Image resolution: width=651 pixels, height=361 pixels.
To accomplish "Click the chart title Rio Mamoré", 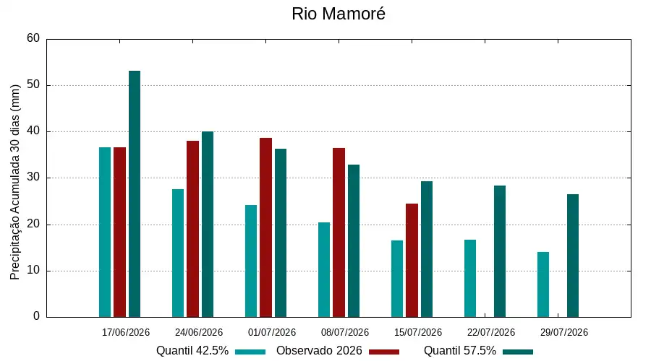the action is click(339, 14).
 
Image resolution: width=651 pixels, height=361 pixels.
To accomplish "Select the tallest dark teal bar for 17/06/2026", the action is click(135, 194).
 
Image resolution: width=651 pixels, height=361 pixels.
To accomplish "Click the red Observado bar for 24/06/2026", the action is click(192, 229).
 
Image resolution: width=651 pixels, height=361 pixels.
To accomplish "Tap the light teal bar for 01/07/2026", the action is click(251, 261).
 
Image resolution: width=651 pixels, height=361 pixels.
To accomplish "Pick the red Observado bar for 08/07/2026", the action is click(339, 232).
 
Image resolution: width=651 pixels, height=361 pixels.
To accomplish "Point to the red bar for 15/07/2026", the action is click(412, 261).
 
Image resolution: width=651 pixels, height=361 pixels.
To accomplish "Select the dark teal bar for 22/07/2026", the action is click(500, 251).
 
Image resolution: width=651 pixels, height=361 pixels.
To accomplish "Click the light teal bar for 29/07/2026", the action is click(543, 284).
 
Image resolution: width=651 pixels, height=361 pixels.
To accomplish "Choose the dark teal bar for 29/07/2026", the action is click(573, 256).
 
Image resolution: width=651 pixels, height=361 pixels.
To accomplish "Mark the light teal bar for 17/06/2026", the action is click(105, 232).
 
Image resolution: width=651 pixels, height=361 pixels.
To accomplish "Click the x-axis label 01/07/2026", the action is click(272, 332).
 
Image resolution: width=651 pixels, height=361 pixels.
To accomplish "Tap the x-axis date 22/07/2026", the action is click(491, 332).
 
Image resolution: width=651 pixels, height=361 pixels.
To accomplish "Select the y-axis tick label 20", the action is click(33, 225).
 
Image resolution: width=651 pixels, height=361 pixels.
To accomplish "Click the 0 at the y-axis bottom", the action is click(37, 316).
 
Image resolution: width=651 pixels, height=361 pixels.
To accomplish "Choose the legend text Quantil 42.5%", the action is click(192, 351).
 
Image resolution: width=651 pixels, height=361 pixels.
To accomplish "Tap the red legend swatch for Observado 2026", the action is click(384, 352).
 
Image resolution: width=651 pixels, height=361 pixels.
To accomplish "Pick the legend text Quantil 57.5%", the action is click(460, 351).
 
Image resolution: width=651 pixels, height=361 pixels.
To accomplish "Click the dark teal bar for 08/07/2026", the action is click(354, 241).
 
